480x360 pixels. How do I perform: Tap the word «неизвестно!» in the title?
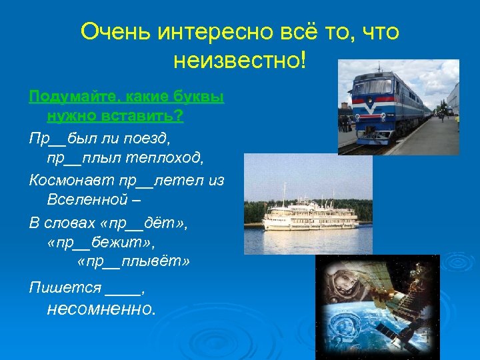[x=241, y=61]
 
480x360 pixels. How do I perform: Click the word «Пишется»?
[x=65, y=288]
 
